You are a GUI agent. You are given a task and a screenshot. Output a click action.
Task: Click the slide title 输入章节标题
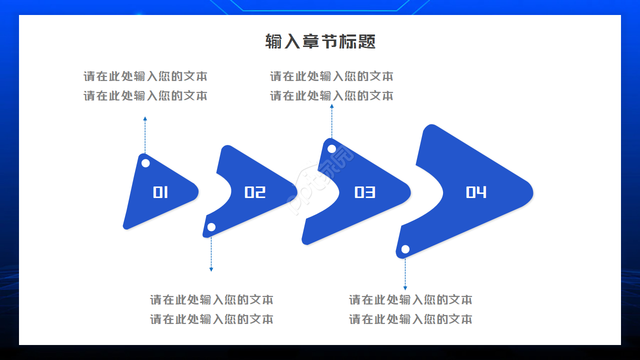[320, 41]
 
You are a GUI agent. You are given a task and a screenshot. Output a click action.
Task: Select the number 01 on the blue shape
[160, 192]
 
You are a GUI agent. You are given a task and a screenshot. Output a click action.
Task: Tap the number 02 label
[255, 192]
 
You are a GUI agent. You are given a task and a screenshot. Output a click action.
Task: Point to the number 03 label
[365, 192]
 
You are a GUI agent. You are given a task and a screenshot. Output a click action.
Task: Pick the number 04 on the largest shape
[476, 192]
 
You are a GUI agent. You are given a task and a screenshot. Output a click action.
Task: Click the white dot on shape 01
[145, 163]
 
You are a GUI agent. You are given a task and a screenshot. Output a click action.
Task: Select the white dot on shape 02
[211, 227]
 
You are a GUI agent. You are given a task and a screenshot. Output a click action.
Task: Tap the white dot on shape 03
[331, 148]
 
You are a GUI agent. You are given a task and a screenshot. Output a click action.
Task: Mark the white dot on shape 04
[405, 249]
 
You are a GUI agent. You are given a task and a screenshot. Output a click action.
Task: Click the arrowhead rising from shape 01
[145, 119]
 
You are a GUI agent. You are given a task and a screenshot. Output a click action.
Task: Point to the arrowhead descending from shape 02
[211, 269]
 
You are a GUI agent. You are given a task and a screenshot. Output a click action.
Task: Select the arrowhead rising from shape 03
[331, 106]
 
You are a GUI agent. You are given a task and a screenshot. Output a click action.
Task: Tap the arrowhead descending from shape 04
[405, 288]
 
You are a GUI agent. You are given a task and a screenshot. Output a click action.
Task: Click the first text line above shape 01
[145, 76]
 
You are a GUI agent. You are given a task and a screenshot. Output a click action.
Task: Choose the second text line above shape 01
[145, 95]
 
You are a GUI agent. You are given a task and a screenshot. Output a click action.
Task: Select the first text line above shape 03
[331, 76]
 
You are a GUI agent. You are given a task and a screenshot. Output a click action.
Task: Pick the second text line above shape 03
[331, 95]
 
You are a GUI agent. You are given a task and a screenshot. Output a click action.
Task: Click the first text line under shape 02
[211, 300]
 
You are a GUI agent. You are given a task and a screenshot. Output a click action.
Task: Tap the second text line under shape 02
[211, 319]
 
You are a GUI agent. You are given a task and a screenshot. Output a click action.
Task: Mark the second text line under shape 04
[410, 319]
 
